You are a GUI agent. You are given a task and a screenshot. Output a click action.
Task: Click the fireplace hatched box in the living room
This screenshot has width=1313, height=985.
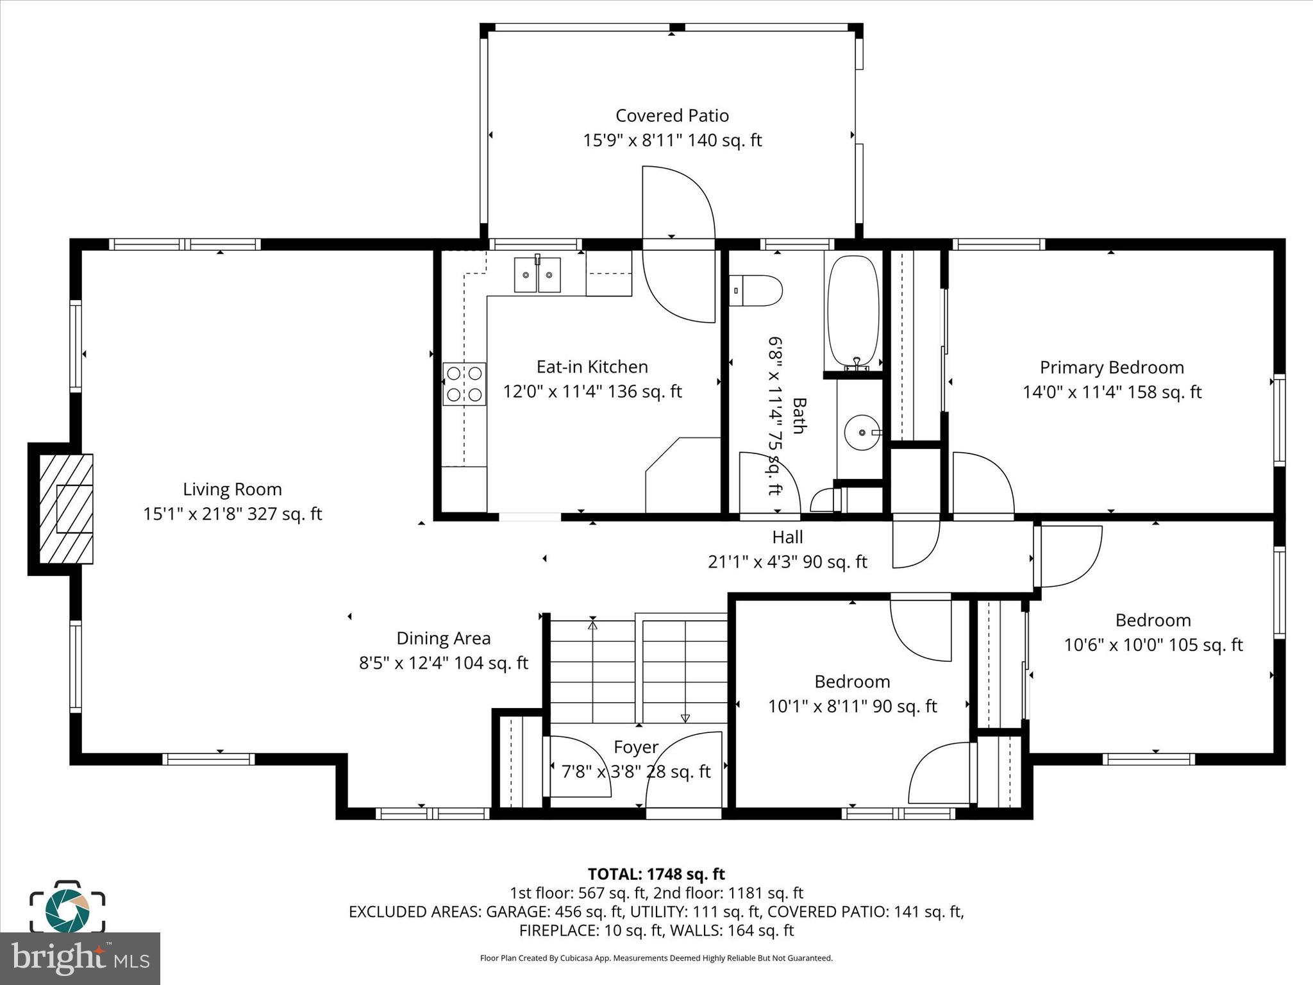(66, 509)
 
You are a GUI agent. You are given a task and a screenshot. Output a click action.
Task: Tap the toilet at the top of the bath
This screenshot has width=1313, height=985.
(757, 290)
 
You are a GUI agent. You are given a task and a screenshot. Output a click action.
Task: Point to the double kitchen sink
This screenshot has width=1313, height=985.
(537, 275)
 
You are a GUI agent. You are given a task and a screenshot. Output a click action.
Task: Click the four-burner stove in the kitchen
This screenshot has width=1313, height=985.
(464, 384)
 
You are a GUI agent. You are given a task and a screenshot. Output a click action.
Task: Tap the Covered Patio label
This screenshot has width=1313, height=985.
(672, 115)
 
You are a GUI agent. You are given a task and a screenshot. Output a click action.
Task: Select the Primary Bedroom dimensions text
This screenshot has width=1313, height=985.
(1112, 392)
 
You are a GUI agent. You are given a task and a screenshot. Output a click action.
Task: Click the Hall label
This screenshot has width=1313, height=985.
(787, 537)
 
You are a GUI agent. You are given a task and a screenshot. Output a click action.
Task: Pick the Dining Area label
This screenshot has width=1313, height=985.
(443, 638)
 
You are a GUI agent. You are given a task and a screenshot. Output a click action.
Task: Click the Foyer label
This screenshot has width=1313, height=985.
(635, 747)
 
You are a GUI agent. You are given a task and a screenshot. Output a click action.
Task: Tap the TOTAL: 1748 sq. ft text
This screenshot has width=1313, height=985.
(656, 874)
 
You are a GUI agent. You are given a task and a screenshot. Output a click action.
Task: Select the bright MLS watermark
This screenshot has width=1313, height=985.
(80, 958)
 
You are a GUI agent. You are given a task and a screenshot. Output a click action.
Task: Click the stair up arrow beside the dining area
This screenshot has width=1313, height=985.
(592, 625)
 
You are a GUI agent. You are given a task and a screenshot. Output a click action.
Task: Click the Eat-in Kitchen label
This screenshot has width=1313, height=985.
(592, 367)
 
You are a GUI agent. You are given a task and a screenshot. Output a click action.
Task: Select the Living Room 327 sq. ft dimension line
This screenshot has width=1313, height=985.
(232, 514)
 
